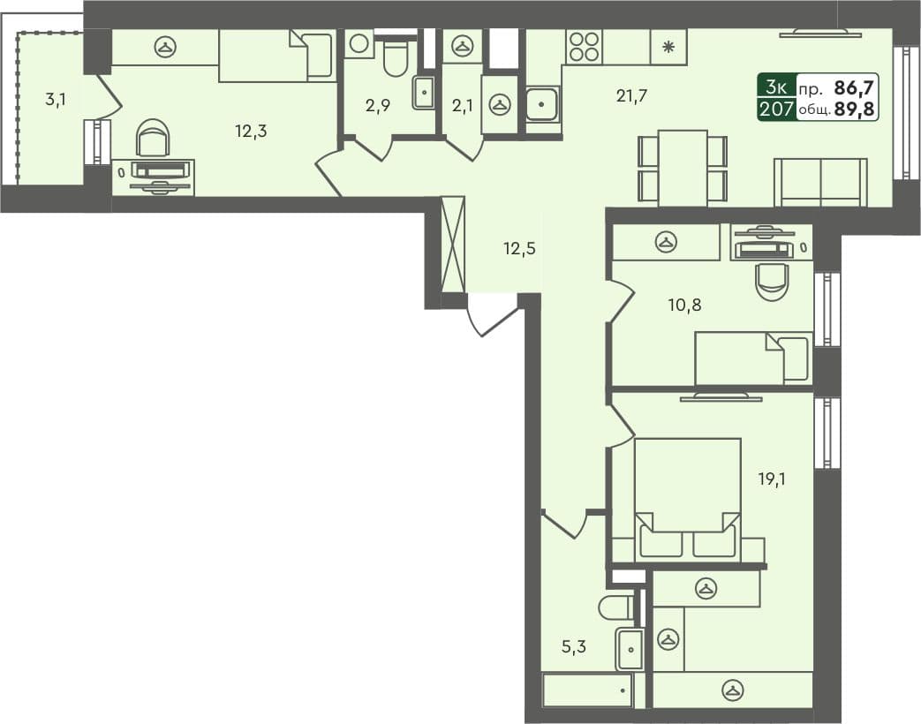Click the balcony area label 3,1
[x=55, y=100]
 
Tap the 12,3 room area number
[x=251, y=132]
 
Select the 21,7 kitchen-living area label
[x=632, y=96]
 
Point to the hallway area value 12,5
[x=520, y=248]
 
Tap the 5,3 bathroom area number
[x=574, y=646]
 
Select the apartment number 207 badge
[x=775, y=109]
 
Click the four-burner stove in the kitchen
[x=584, y=47]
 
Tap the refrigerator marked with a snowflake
[x=668, y=47]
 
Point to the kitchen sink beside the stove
[x=540, y=104]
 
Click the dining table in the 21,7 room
[x=683, y=167]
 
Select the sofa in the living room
[x=820, y=181]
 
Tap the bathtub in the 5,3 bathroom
[x=588, y=690]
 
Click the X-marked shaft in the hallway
[x=452, y=244]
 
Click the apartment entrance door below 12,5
[x=491, y=315]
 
